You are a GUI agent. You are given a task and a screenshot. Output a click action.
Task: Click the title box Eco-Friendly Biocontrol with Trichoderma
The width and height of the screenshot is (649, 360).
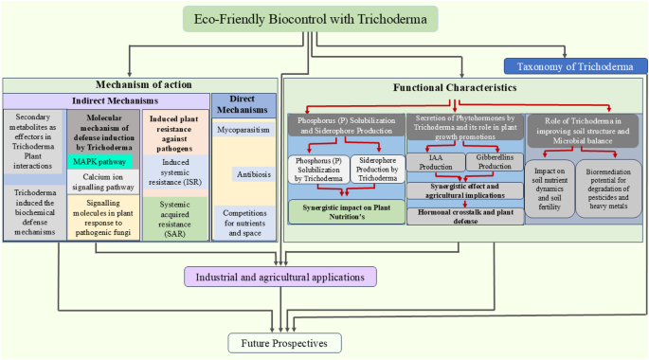coord(311,19)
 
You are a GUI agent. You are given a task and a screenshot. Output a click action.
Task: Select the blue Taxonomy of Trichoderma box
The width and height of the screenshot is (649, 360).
coord(575,66)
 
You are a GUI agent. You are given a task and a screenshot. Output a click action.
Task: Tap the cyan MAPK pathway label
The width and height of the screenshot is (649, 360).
coord(99,162)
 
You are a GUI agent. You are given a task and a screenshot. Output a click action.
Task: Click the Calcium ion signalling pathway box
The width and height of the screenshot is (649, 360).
coord(103,182)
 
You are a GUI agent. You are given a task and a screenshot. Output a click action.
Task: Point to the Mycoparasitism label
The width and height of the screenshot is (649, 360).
coord(243,130)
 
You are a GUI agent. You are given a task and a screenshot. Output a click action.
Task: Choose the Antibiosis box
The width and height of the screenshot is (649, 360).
coord(254,174)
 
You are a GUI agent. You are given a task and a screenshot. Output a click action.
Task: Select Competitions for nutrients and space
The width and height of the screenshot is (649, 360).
coord(244,223)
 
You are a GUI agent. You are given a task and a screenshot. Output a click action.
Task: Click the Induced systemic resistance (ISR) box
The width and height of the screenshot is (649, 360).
coord(175,172)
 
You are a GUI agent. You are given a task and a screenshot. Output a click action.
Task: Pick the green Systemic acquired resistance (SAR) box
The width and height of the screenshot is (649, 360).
coord(175,219)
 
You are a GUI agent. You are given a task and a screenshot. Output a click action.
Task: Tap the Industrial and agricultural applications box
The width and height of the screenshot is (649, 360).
coord(280,277)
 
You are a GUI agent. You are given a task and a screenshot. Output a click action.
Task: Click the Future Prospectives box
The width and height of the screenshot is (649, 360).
coord(285,343)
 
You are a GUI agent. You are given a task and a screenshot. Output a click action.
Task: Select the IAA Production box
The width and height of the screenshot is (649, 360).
coord(436,162)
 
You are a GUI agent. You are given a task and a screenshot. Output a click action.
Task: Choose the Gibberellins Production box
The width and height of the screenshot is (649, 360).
coord(495,162)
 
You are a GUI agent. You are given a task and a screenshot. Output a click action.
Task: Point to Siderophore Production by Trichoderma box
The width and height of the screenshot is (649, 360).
coord(377,169)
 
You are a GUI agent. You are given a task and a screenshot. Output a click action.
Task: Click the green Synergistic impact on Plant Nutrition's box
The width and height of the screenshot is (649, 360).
coord(347,212)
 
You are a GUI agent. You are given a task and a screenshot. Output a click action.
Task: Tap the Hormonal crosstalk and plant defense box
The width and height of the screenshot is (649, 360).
coord(465,216)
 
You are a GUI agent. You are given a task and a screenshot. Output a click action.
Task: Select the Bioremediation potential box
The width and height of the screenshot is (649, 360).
coord(608,189)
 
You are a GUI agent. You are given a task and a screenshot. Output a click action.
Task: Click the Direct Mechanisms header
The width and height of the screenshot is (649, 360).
coord(243,104)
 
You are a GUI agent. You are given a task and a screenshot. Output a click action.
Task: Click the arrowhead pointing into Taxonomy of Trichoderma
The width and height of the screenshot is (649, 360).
coord(564,55)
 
